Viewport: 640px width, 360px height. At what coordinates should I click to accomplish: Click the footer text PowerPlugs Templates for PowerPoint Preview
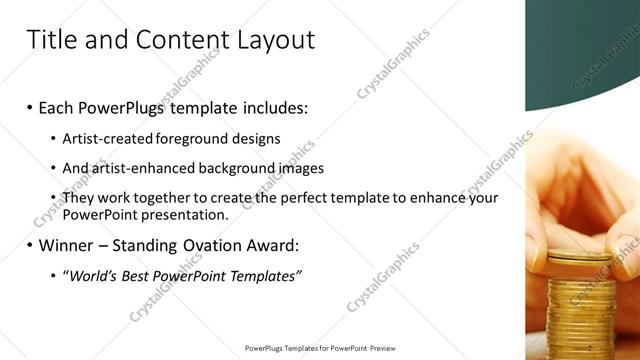click(x=320, y=348)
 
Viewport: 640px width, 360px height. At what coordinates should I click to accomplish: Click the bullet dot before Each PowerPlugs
click(x=30, y=106)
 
